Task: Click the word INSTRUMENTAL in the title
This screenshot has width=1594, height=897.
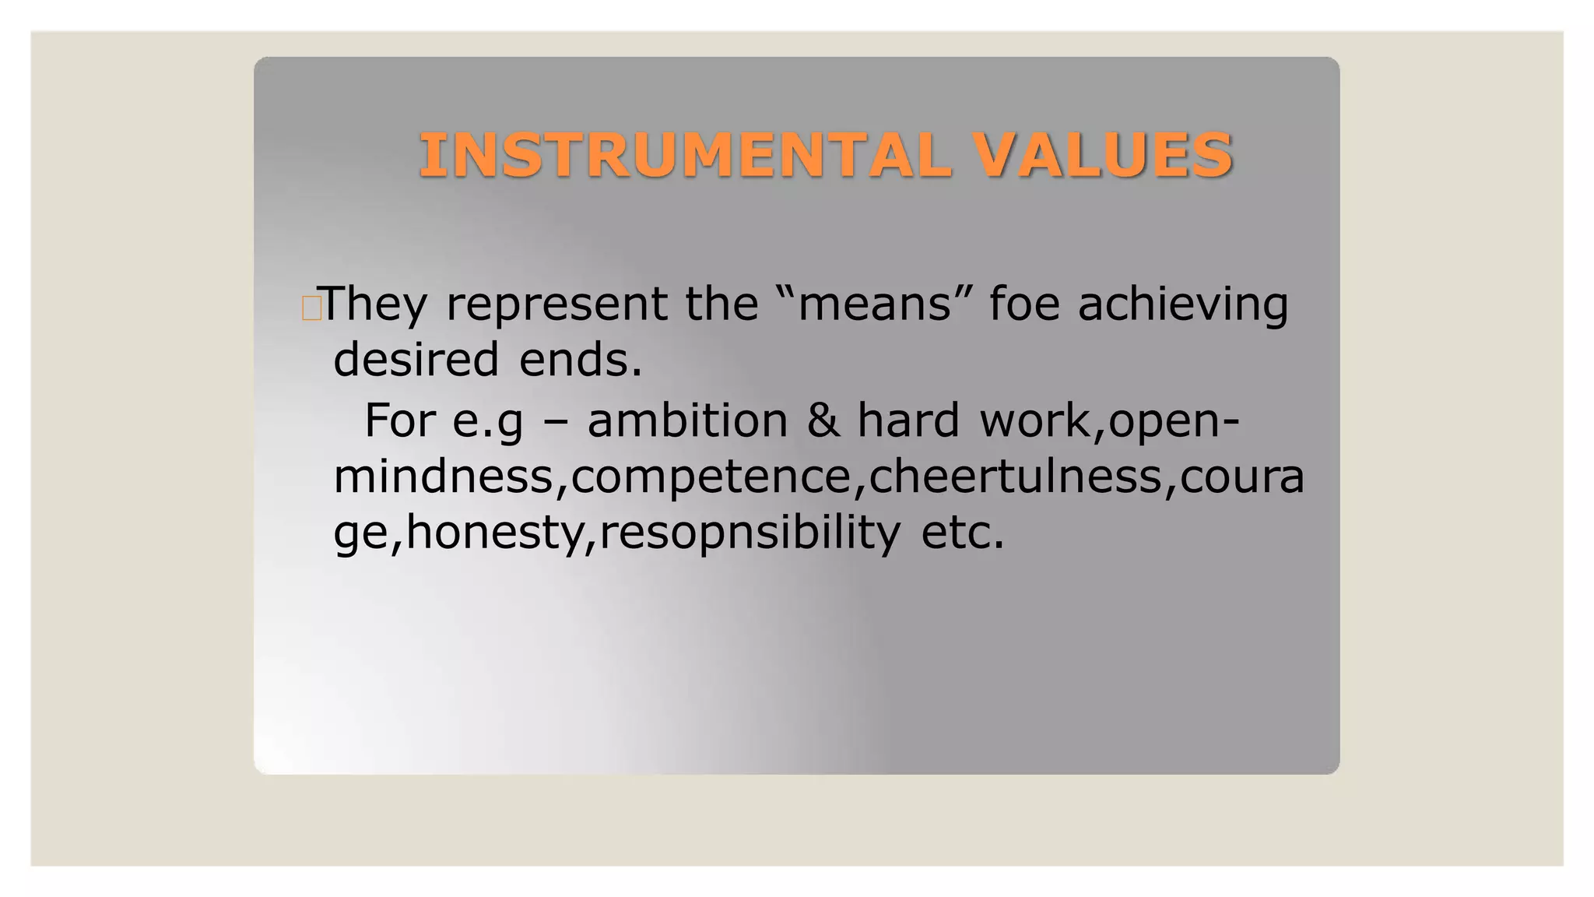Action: pyautogui.click(x=685, y=155)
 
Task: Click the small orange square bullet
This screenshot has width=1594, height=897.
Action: pyautogui.click(x=311, y=309)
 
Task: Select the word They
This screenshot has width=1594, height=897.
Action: pyautogui.click(x=374, y=304)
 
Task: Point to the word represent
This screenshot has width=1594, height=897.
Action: pyautogui.click(x=556, y=304)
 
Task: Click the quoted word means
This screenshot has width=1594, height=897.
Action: pyautogui.click(x=875, y=304)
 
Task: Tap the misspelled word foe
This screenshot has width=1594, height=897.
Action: pyautogui.click(x=1024, y=304)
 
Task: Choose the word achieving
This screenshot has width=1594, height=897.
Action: pyautogui.click(x=1183, y=304)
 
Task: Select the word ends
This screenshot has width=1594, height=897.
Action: pyautogui.click(x=581, y=360)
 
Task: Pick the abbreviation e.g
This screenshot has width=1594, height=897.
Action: pyautogui.click(x=488, y=421)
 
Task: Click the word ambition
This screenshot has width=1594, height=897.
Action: pyautogui.click(x=687, y=421)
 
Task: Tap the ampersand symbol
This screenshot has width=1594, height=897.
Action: pyautogui.click(x=823, y=421)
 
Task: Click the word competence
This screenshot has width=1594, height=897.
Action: pyautogui.click(x=711, y=477)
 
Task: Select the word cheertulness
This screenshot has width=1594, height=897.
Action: pyautogui.click(x=1015, y=477)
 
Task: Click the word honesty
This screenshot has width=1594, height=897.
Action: pyautogui.click(x=494, y=533)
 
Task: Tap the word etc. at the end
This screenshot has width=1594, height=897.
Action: pyautogui.click(x=963, y=533)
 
